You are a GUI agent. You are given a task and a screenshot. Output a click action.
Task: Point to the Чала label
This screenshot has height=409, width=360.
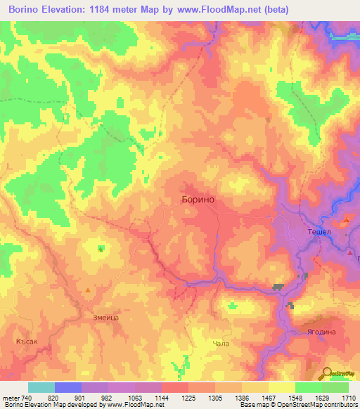coord(221,344)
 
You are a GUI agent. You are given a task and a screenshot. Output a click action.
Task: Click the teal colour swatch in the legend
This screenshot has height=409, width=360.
coord(41,387)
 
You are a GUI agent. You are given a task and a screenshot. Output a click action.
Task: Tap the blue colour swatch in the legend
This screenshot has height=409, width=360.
coord(67,387)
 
